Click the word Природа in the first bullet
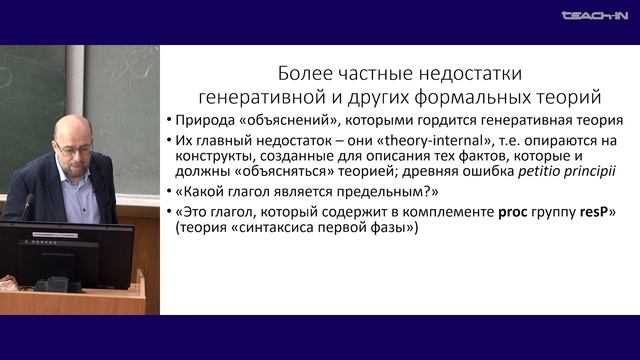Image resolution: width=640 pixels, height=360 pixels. pos(209,123)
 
